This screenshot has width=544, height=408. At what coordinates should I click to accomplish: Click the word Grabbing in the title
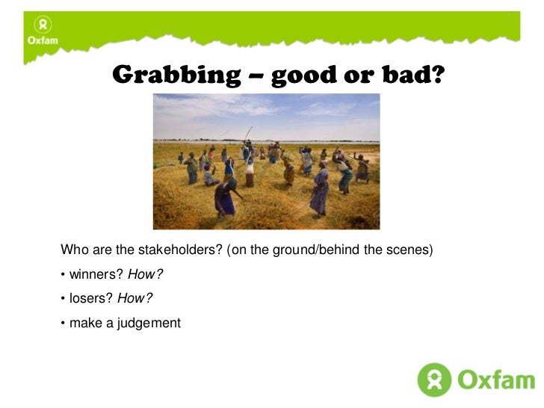pos(173,75)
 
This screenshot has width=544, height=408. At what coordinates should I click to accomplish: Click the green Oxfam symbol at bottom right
pos(434,380)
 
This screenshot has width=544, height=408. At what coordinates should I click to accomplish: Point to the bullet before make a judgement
pos(63,324)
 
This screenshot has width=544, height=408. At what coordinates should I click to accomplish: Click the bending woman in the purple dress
pos(225,196)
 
